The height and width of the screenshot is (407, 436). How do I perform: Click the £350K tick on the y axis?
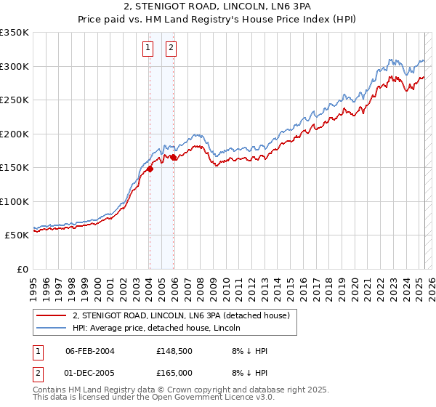[x=14, y=33]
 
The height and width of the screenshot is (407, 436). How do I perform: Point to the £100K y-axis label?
[x=14, y=201]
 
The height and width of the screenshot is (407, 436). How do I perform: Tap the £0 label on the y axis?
[x=22, y=269]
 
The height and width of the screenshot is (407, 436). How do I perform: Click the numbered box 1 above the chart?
[x=148, y=49]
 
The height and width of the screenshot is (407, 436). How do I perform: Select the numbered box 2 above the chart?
[x=171, y=49]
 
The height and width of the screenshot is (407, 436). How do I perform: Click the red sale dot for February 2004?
[x=150, y=169]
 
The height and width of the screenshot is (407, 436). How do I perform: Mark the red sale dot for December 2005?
[x=174, y=157]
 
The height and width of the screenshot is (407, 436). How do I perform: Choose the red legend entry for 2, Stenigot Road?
[x=181, y=315]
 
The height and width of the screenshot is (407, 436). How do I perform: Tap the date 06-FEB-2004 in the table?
[x=90, y=351]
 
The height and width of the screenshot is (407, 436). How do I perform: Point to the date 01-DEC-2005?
[x=90, y=373]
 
